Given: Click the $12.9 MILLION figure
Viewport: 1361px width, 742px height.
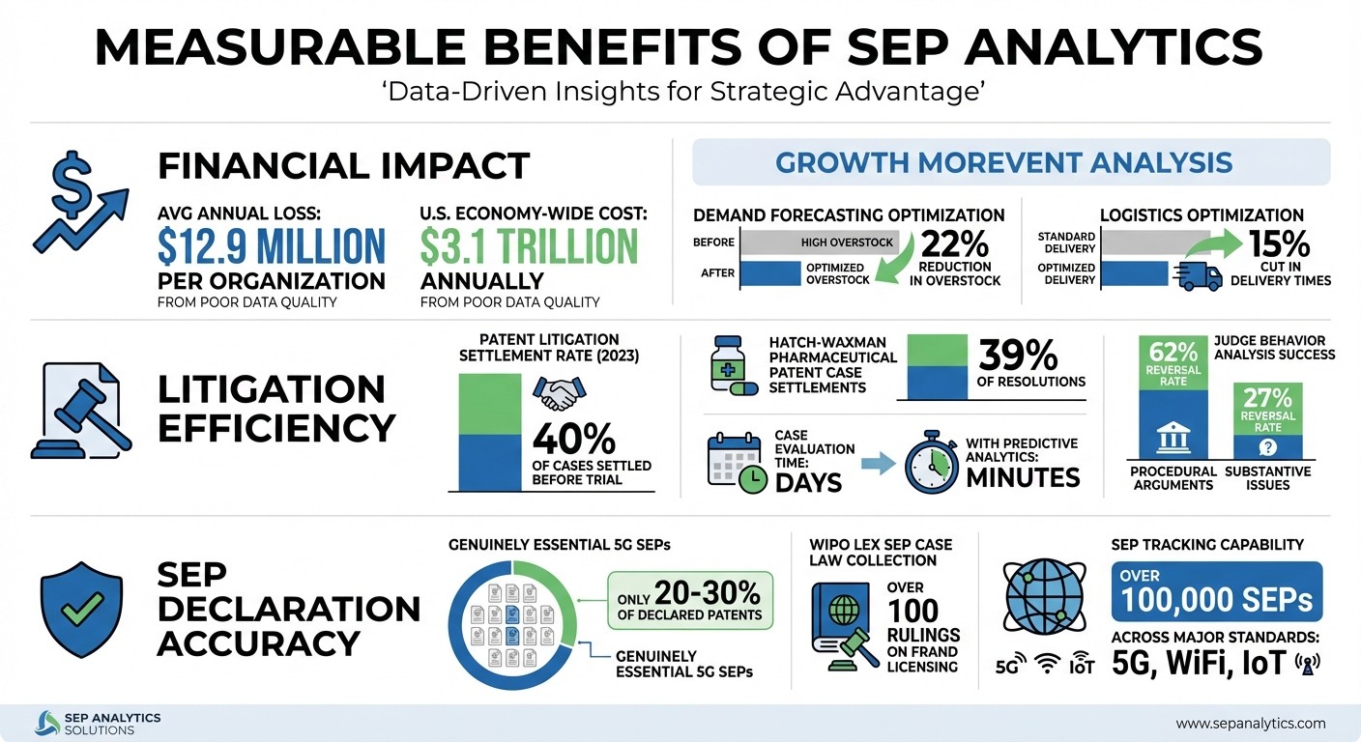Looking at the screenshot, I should [x=271, y=246].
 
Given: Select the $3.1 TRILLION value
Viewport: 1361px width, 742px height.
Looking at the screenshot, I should [x=529, y=246].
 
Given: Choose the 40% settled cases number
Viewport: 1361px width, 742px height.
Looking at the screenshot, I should [x=574, y=440].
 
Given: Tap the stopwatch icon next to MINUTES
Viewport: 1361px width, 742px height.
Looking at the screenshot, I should [x=931, y=463].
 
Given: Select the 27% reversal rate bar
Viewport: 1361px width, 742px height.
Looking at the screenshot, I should [x=1266, y=420].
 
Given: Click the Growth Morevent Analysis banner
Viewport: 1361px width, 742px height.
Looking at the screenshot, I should [x=1011, y=161].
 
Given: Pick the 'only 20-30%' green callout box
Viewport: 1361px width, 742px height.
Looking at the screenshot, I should [x=691, y=600].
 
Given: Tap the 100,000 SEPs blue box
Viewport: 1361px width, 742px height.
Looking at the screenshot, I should [x=1217, y=591].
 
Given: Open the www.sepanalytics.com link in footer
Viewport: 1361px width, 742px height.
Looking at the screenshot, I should [x=1251, y=723].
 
